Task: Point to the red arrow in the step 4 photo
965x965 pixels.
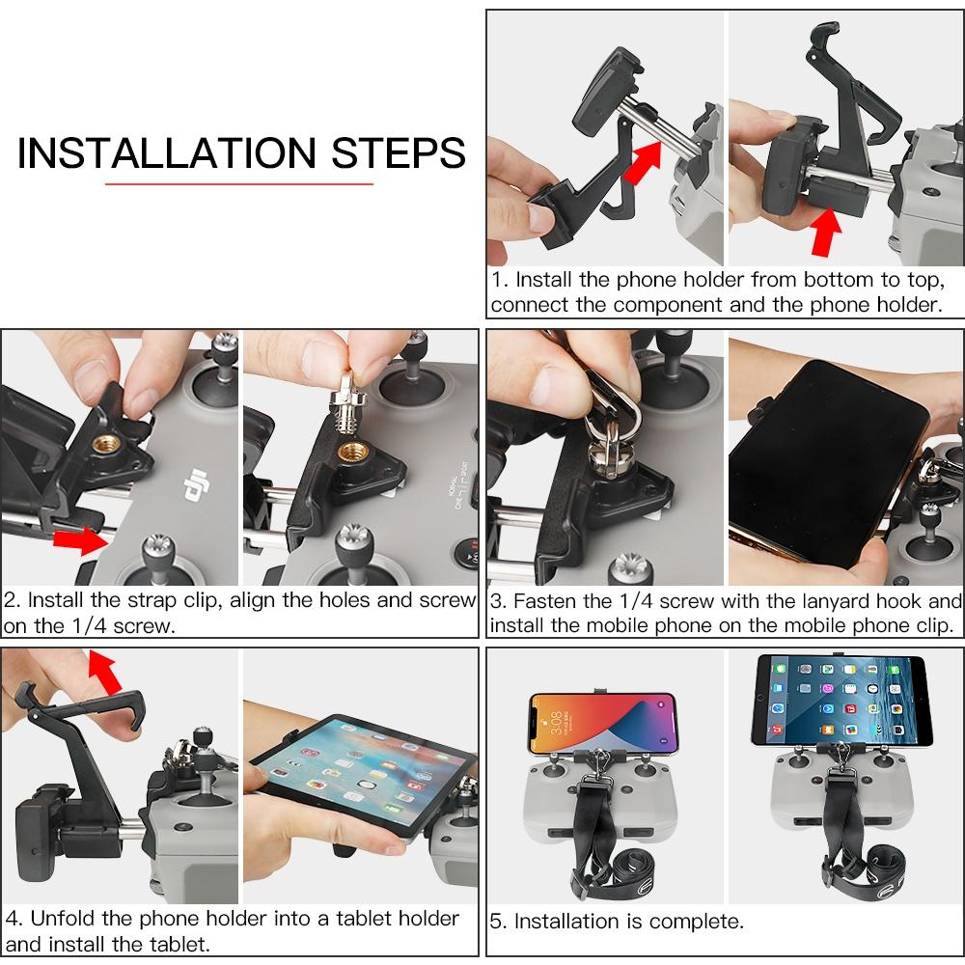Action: pyautogui.click(x=105, y=670)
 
